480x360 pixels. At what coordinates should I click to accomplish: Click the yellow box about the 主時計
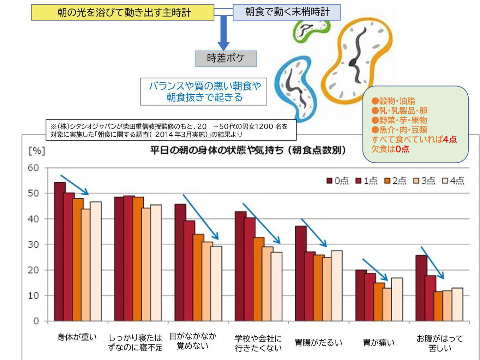(x=122, y=12)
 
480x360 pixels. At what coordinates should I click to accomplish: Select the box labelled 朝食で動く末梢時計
(x=287, y=12)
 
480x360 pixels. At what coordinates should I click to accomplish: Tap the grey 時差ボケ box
(x=226, y=58)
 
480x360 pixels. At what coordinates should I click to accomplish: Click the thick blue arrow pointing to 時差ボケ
(x=223, y=34)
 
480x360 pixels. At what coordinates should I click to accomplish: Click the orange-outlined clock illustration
(x=356, y=60)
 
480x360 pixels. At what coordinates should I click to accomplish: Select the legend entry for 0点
(x=337, y=181)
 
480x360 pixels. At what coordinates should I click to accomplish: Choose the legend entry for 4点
(x=454, y=181)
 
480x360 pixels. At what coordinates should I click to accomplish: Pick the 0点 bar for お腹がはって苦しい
(x=421, y=288)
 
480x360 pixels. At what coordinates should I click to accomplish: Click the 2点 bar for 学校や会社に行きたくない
(x=259, y=279)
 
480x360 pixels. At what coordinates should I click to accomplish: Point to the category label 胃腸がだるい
(x=318, y=342)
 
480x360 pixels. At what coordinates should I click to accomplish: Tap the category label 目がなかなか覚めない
(x=192, y=341)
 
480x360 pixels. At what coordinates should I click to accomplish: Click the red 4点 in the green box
(x=450, y=140)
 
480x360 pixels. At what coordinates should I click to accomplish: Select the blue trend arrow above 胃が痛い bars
(x=375, y=270)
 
